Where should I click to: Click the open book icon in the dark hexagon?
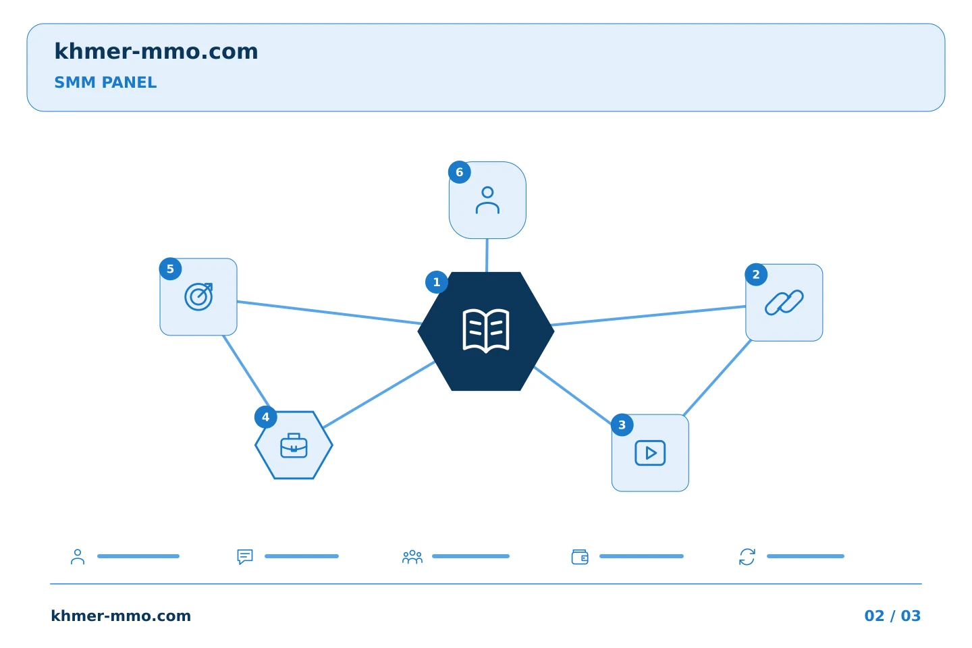click(486, 331)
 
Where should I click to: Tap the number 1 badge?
click(437, 282)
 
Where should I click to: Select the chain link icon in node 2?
click(784, 302)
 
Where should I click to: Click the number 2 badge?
click(756, 274)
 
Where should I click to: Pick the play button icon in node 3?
click(650, 453)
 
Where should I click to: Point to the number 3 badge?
click(622, 425)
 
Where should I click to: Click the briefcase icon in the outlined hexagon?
click(294, 446)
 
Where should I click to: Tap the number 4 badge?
click(265, 417)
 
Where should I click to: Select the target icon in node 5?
click(198, 296)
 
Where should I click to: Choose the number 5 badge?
click(170, 269)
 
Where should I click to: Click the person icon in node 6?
click(487, 200)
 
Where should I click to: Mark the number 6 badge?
click(459, 172)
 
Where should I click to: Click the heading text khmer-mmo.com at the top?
click(156, 51)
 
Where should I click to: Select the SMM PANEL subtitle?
click(105, 82)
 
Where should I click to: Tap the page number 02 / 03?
click(892, 616)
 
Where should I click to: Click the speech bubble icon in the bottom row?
click(245, 556)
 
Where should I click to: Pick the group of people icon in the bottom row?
click(412, 556)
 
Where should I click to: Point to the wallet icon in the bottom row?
click(580, 556)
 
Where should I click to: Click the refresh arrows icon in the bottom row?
click(747, 556)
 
